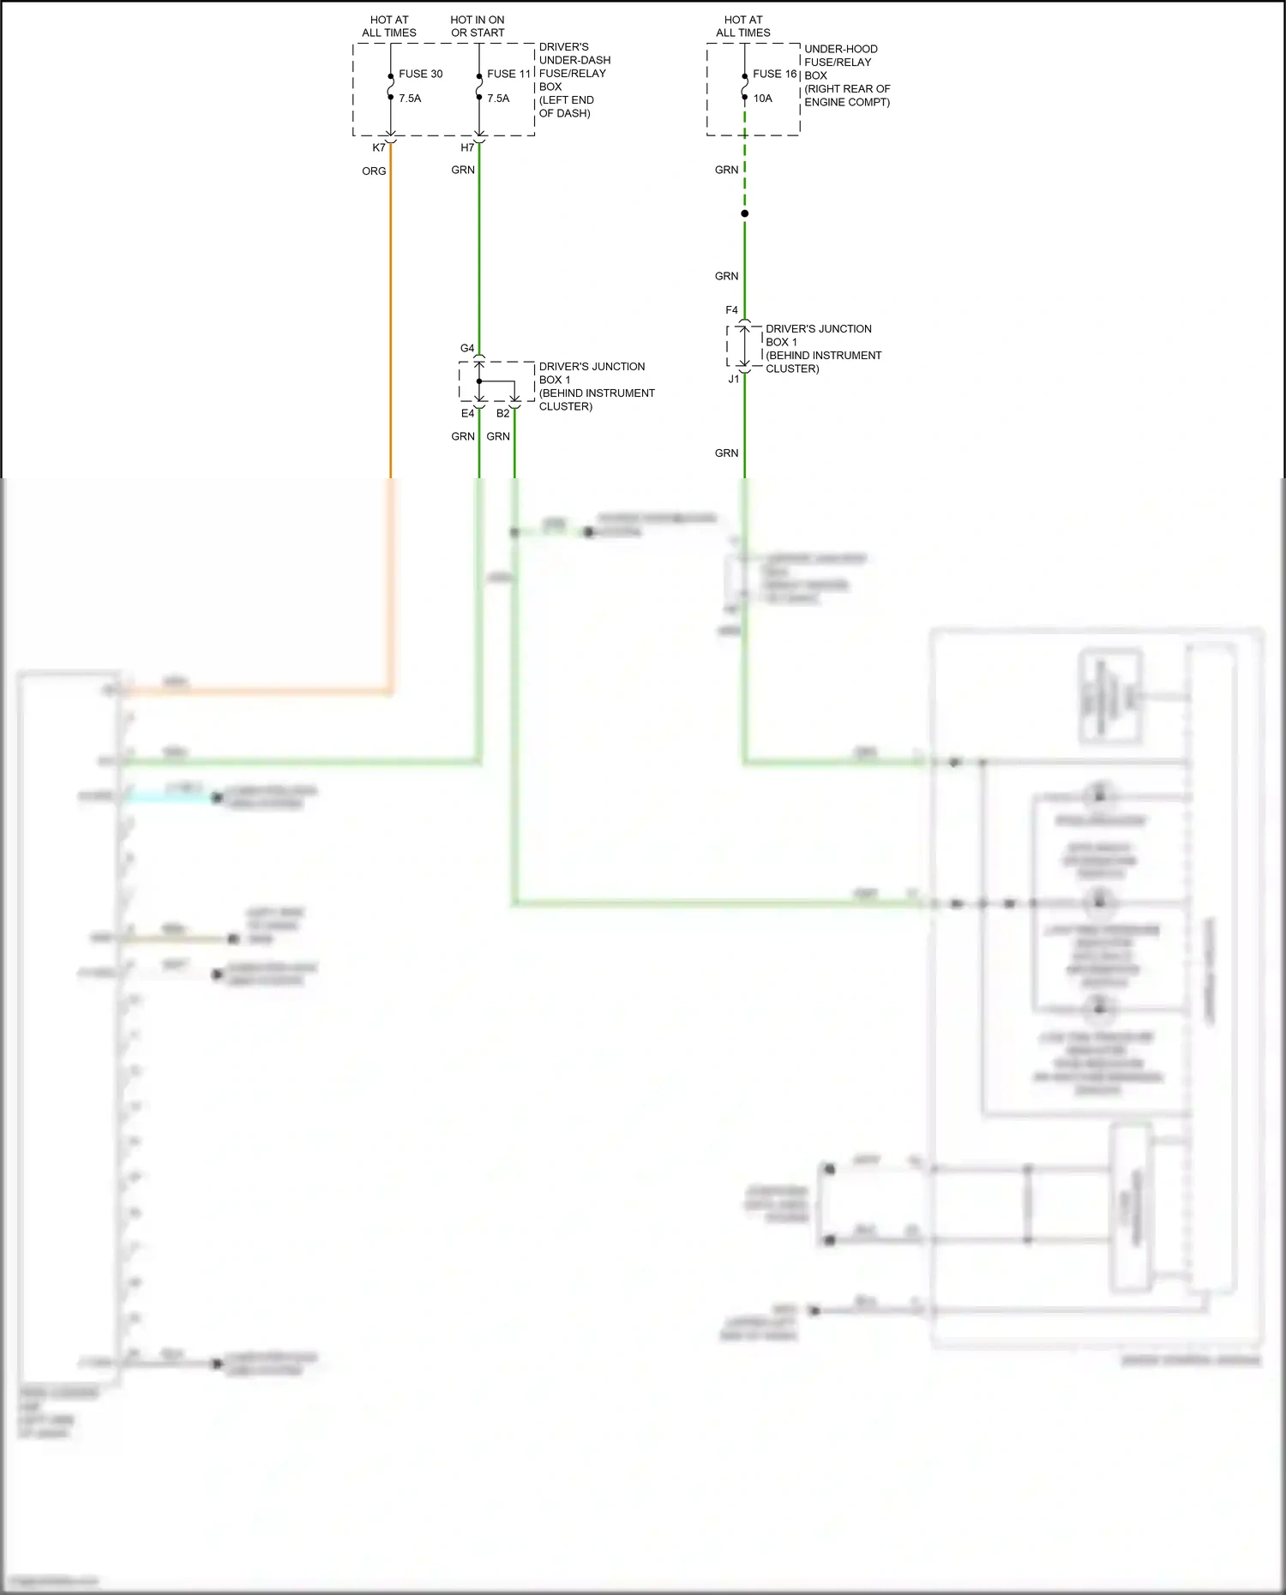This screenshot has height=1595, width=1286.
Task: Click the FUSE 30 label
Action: click(420, 74)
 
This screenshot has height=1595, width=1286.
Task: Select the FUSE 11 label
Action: click(508, 74)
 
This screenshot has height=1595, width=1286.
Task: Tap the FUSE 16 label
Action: click(774, 74)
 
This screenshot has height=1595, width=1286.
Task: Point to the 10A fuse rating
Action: click(762, 99)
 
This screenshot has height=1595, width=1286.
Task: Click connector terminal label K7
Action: click(378, 147)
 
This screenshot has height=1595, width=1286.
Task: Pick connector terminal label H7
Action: click(467, 147)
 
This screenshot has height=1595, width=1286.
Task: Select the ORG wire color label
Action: click(374, 171)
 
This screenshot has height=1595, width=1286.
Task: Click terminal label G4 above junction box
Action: click(466, 348)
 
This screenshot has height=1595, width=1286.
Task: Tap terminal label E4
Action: click(467, 413)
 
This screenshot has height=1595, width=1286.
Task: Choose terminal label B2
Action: click(502, 413)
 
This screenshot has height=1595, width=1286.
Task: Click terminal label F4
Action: click(731, 310)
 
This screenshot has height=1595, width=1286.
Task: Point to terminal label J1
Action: click(733, 379)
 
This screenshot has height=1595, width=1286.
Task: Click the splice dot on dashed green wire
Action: click(744, 213)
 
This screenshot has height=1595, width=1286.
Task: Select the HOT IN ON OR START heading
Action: click(478, 27)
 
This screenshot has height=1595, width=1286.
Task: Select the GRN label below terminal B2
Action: click(498, 436)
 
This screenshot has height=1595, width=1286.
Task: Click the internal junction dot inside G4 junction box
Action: click(479, 381)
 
